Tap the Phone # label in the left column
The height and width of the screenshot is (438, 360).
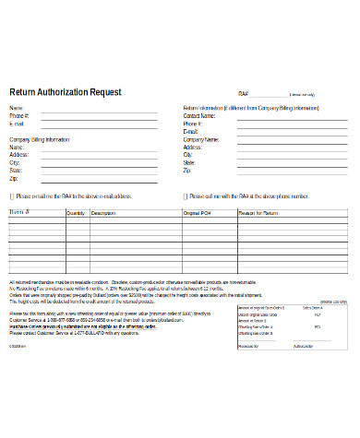point(18,116)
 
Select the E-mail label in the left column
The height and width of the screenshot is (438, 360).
point(17,124)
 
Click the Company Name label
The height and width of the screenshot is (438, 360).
point(200,139)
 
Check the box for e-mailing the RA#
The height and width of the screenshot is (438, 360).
point(12,196)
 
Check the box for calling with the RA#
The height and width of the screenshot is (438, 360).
point(183,196)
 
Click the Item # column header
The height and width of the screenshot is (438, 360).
point(19,212)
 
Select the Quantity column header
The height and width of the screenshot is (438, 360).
point(75,213)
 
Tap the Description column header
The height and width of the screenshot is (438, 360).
point(103,213)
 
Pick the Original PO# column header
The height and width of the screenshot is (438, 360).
point(197,213)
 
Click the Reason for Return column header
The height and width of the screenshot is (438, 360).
point(258,213)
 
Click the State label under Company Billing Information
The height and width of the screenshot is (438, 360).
point(15,170)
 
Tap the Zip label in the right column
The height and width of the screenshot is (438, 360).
point(186,171)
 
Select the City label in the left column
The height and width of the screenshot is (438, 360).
point(14,162)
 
